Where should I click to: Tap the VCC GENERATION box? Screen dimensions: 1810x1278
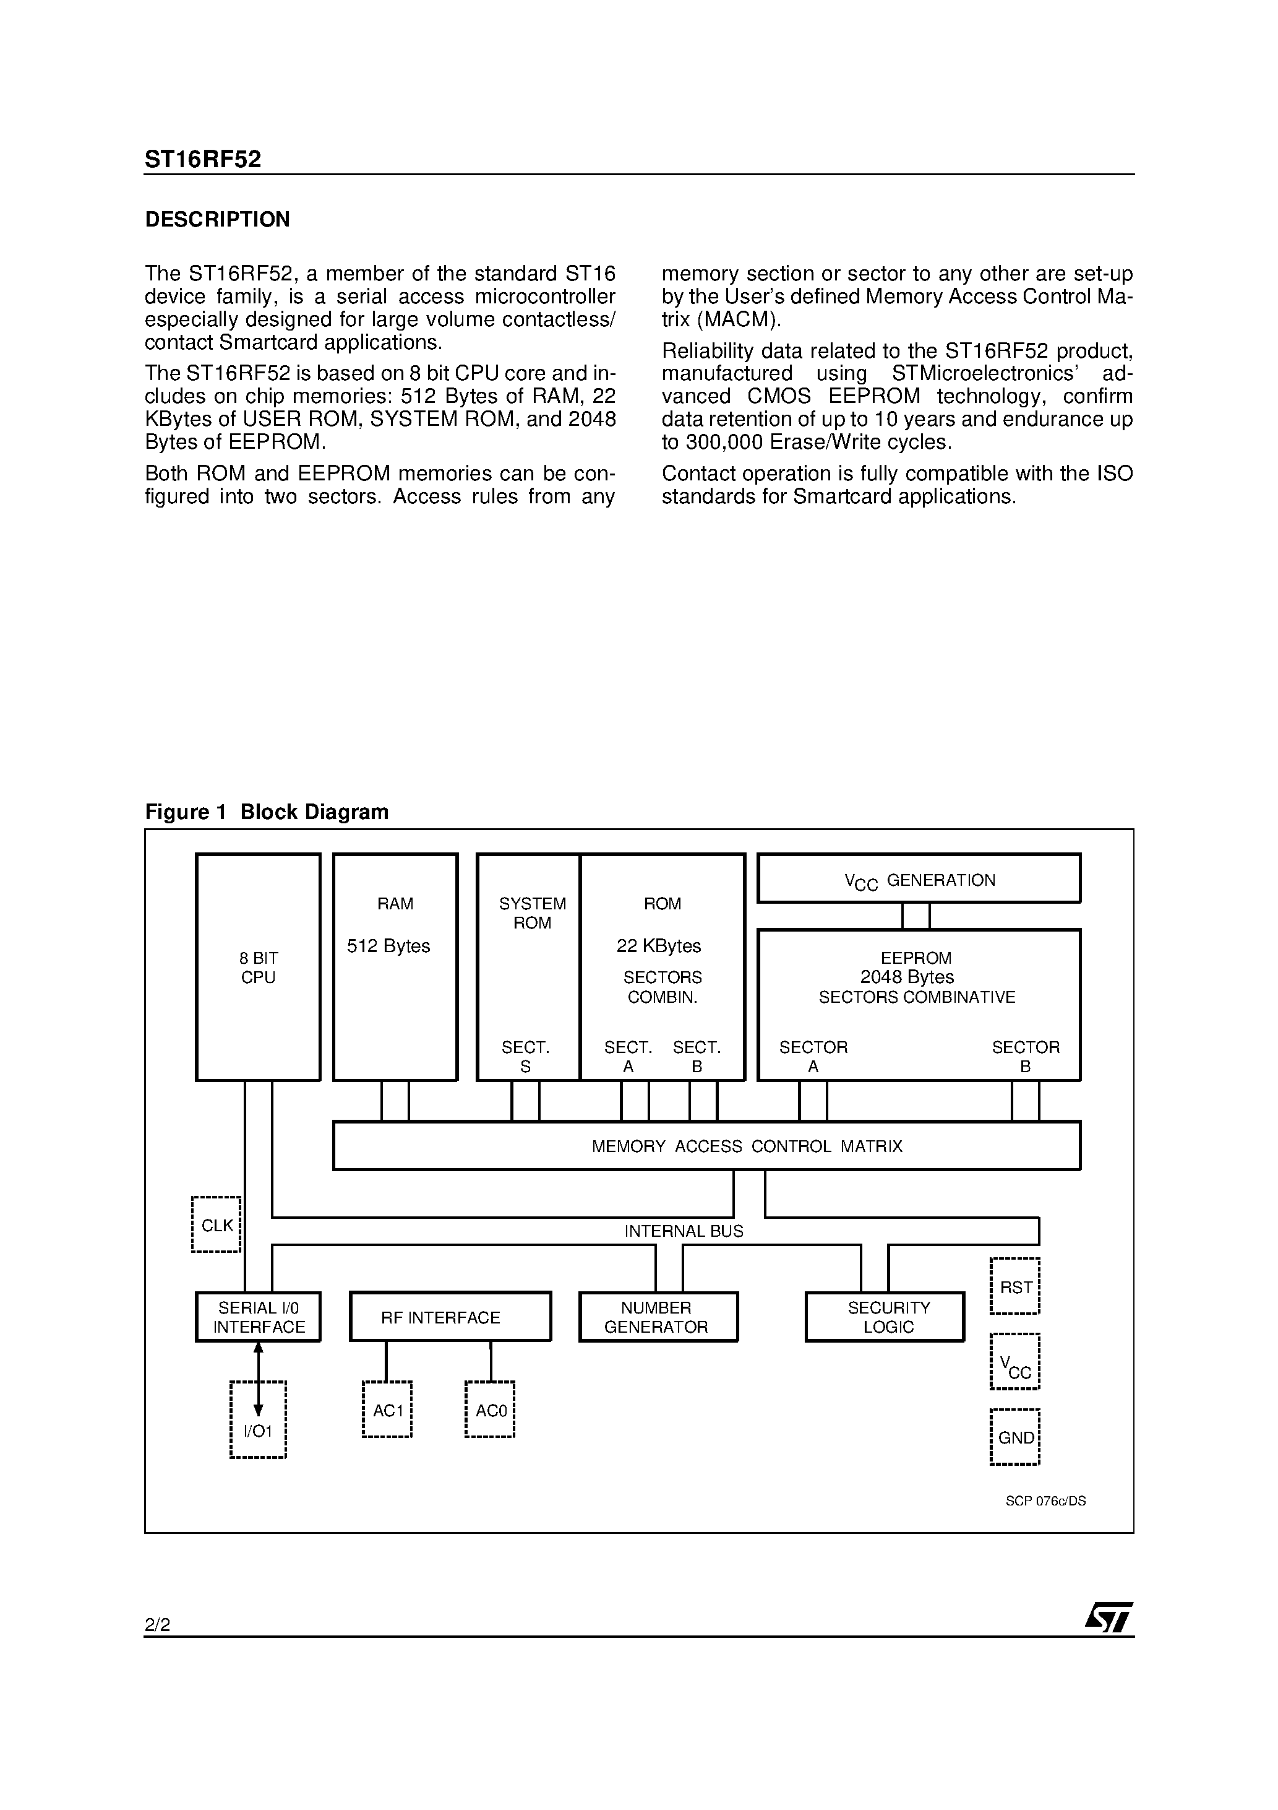coord(919,878)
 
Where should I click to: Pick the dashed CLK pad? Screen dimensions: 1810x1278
coord(216,1225)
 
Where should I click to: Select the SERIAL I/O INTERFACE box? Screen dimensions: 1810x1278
coord(258,1317)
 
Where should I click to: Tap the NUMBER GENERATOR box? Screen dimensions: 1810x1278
coord(658,1317)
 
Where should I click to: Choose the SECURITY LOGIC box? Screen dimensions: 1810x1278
coord(884,1317)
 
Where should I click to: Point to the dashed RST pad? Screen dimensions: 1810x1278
coord(1015,1286)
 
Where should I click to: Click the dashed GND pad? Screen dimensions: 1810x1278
coord(1015,1437)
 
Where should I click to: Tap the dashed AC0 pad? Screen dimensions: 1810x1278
coord(489,1409)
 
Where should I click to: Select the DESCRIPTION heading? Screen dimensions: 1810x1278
coord(218,219)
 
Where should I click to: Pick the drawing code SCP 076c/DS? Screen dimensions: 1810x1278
coord(1045,1501)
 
